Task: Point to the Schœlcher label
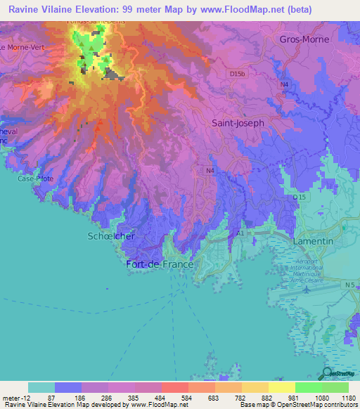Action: pyautogui.click(x=111, y=236)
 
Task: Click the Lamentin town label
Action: pyautogui.click(x=312, y=241)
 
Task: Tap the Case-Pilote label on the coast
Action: pyautogui.click(x=32, y=178)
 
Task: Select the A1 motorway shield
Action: pyautogui.click(x=240, y=233)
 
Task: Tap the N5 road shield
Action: pyautogui.click(x=349, y=285)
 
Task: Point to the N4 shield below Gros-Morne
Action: pyautogui.click(x=284, y=85)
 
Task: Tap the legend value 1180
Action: pyautogui.click(x=348, y=397)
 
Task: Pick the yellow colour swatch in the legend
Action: pyautogui.click(x=281, y=387)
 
